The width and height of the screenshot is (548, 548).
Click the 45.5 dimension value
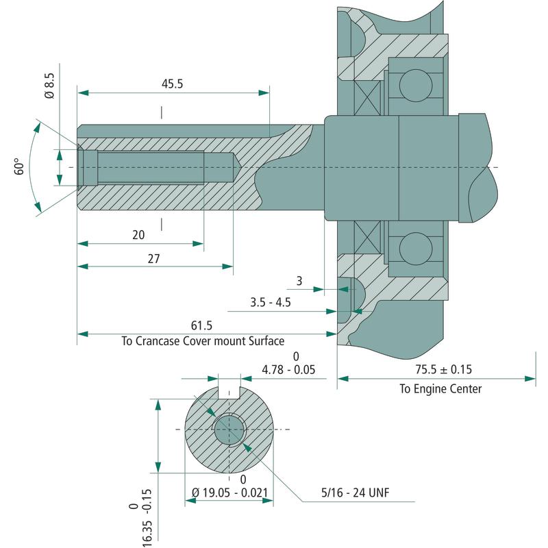pos(172,84)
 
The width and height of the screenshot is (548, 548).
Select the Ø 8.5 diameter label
pos(49,86)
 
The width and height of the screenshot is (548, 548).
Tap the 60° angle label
pos(19,166)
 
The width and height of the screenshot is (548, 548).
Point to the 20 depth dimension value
pos(138,235)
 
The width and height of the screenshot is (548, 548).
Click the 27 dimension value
pos(153,259)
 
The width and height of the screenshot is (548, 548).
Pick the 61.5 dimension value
pos(201,325)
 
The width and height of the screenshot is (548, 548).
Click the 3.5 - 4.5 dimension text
pos(271,302)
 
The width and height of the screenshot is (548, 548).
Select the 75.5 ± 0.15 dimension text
pos(443,369)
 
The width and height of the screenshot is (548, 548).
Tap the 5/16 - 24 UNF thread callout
pos(355,493)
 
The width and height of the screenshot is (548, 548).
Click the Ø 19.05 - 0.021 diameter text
pos(230,493)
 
